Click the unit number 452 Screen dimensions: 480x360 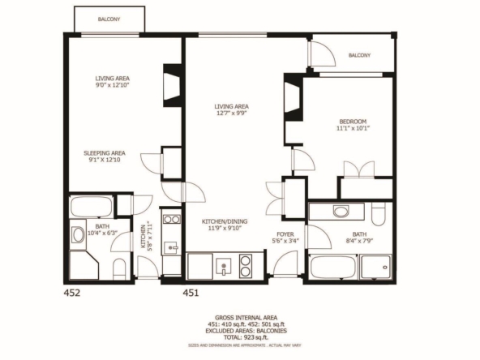(x=72, y=293)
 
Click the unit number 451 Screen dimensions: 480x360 (x=191, y=293)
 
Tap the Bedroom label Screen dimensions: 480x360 (x=353, y=122)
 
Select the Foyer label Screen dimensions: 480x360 (x=285, y=234)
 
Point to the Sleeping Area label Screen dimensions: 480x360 (x=105, y=153)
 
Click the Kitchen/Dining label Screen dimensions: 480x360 (x=225, y=221)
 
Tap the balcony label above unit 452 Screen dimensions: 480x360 (x=109, y=19)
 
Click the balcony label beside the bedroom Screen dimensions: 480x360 (x=359, y=55)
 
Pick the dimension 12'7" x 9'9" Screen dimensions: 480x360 (x=231, y=114)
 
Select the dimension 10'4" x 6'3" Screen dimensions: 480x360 (x=102, y=233)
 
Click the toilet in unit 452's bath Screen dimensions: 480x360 (x=119, y=269)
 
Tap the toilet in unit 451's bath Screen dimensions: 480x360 (x=379, y=214)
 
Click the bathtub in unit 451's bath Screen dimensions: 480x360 (x=333, y=268)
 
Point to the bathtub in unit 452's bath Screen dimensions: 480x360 (x=92, y=207)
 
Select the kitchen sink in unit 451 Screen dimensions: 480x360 (x=224, y=266)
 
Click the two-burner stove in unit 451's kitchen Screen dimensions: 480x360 (x=245, y=266)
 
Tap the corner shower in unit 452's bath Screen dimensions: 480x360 (x=84, y=265)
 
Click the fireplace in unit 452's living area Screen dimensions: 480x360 (x=172, y=86)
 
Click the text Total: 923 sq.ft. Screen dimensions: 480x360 (x=246, y=337)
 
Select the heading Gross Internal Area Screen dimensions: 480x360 (x=246, y=318)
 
